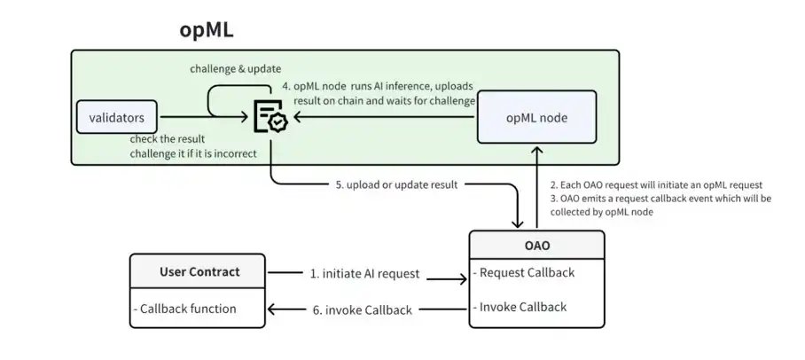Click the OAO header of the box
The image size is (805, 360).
pos(536,244)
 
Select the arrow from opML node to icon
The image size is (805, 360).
pos(381,117)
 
